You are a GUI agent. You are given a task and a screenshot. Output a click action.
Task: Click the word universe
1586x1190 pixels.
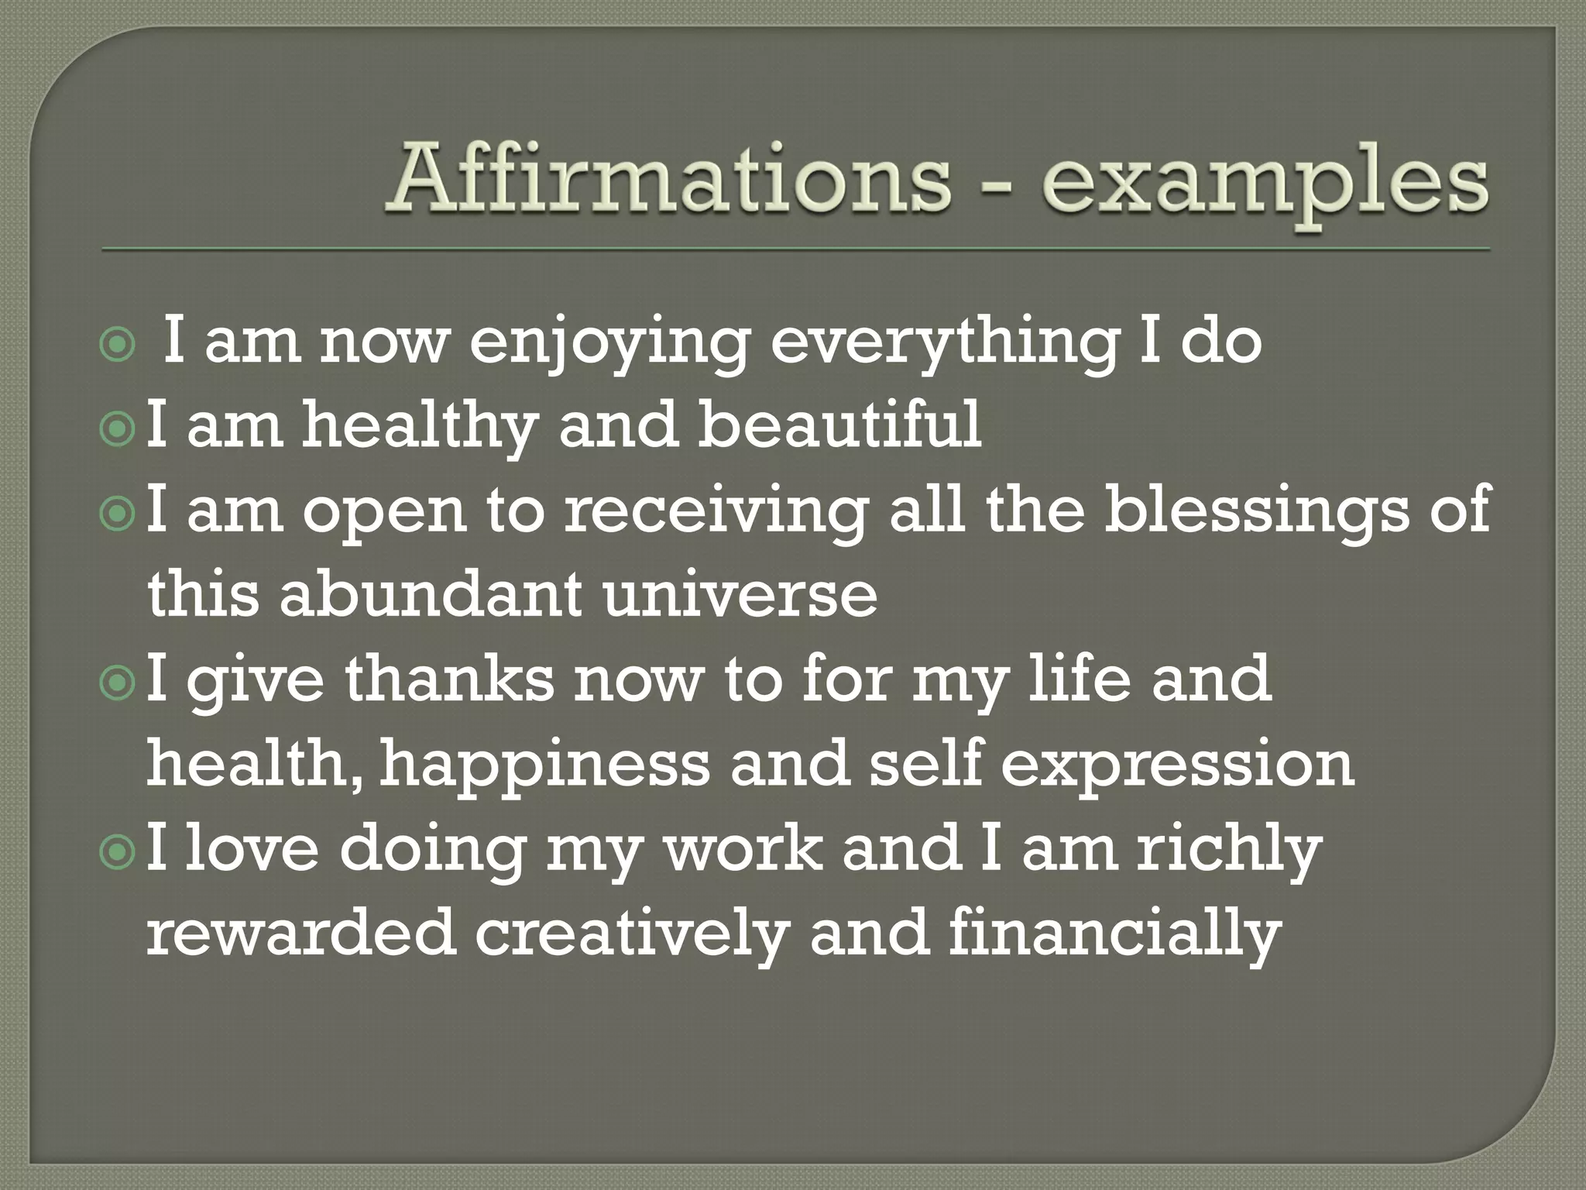click(740, 595)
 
